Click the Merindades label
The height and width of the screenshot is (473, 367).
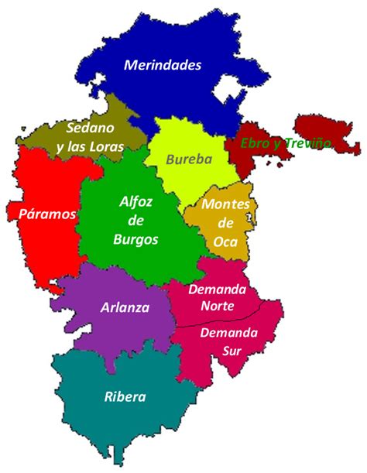(163, 65)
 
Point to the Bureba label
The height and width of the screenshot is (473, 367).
(185, 160)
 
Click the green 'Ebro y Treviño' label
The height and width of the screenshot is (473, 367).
(286, 143)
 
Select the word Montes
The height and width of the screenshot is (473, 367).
(225, 205)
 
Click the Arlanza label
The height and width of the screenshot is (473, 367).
(125, 307)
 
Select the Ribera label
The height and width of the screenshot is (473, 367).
(125, 398)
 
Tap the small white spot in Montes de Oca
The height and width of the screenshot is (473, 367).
(247, 221)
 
